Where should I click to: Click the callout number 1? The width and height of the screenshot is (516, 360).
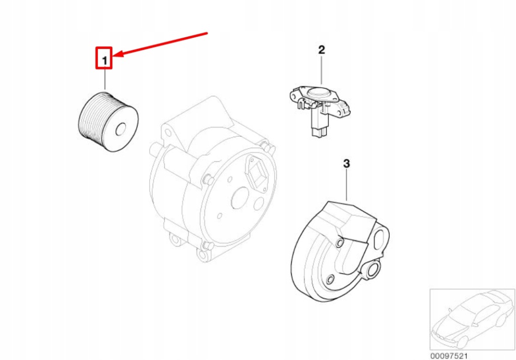coord(105,61)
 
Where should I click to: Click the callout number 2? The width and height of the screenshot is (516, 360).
coord(321,50)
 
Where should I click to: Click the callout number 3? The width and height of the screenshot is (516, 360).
coord(346,163)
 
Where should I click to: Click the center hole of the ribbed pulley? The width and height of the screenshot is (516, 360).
coord(120,130)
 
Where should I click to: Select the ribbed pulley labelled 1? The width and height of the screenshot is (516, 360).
coord(108,122)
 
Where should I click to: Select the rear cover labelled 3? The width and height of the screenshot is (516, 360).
coord(340,252)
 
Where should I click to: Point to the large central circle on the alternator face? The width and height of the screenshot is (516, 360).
coord(242,198)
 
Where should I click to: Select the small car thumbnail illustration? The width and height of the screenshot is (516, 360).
coord(473,319)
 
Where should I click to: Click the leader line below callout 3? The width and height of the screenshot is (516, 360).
coord(347,185)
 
